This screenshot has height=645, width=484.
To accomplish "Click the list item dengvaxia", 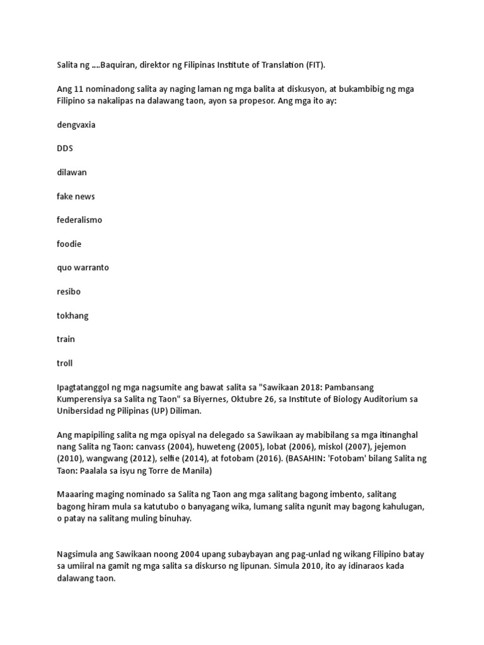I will click(76, 125).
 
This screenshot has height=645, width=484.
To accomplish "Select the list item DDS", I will click(65, 149).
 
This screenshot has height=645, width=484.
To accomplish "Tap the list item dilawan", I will click(71, 172).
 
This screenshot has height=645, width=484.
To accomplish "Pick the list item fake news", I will click(76, 196).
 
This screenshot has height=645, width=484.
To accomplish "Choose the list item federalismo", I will click(79, 220).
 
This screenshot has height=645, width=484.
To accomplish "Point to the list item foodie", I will click(69, 244).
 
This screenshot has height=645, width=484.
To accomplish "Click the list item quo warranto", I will click(83, 267).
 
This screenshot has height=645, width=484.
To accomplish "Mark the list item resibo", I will click(69, 292).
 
